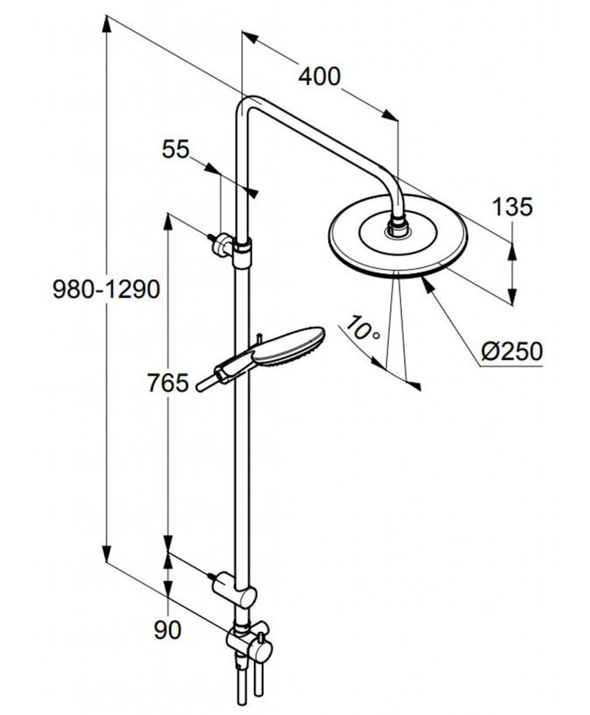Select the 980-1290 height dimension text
(x=107, y=288)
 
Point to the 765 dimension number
(x=168, y=383)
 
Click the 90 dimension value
(x=167, y=630)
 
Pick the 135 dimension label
(x=512, y=207)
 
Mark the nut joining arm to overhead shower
(x=397, y=227)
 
